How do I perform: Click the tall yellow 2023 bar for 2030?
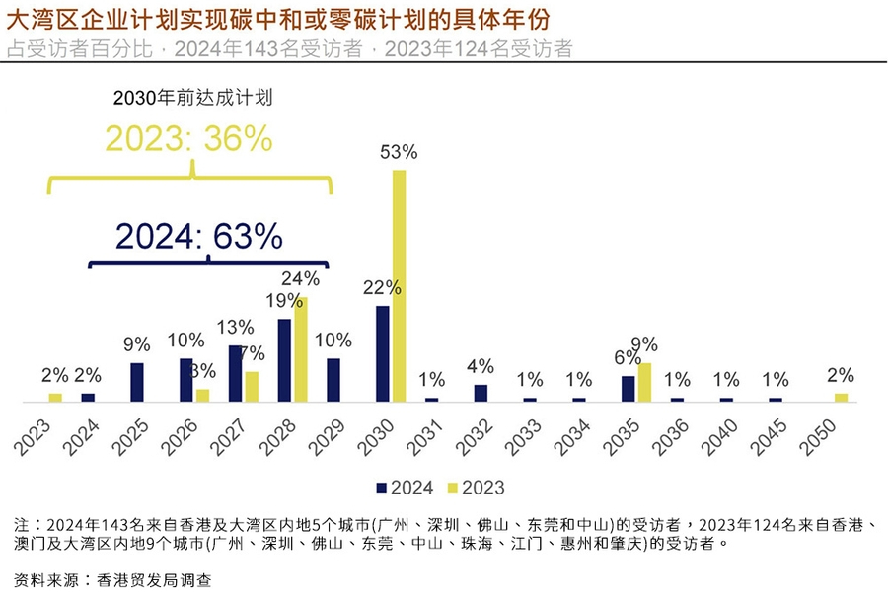coord(399,286)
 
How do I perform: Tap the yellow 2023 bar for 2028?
coord(301,349)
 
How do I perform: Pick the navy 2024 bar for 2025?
coord(137,382)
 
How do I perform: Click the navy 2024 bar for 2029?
coord(333,380)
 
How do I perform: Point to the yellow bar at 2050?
coord(841,397)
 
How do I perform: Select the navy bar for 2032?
coord(481,393)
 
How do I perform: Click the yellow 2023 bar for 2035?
coord(644,382)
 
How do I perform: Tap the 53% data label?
coord(399,153)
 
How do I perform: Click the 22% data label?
coord(381,288)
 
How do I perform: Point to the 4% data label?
coord(481,366)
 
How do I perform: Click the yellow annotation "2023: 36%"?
coord(188,139)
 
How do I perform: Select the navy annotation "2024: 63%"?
coord(199,236)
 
